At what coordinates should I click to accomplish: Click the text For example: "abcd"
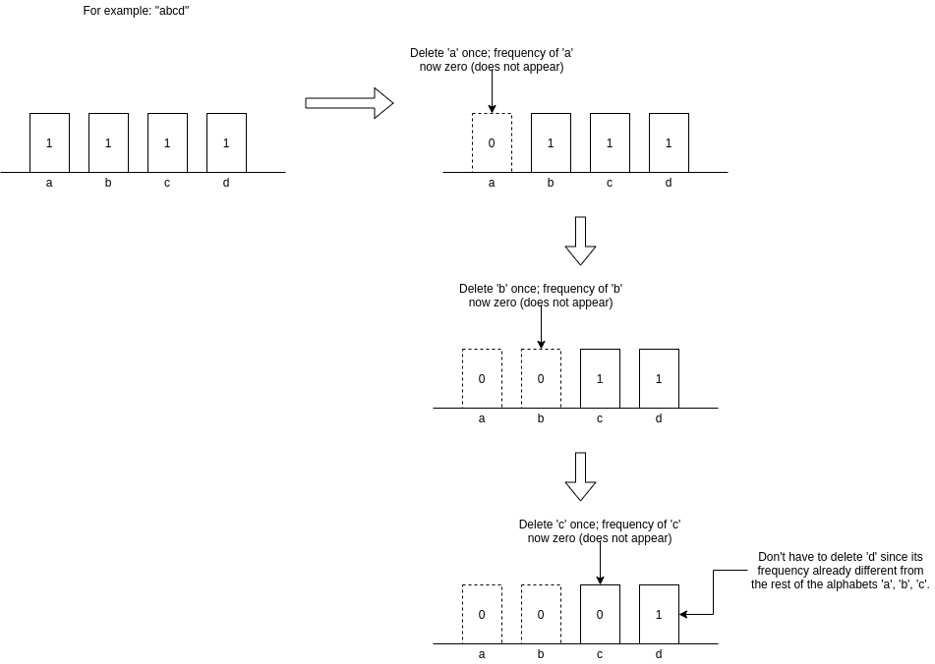[136, 11]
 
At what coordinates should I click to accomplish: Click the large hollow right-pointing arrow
[349, 103]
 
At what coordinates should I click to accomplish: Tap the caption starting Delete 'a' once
[492, 60]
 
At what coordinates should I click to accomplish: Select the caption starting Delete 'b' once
[541, 296]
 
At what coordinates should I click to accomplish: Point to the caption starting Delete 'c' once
[600, 531]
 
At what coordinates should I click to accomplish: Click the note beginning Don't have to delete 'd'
[840, 570]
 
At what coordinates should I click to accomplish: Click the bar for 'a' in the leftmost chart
[49, 142]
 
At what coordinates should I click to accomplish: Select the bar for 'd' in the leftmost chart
[226, 142]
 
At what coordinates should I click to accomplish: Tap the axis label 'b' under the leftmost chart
[108, 183]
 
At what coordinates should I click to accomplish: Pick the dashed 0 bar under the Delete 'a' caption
[492, 142]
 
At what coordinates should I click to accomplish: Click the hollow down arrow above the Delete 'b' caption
[580, 241]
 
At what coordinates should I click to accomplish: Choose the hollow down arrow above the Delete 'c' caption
[580, 476]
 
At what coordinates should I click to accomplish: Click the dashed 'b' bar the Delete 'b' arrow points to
[541, 378]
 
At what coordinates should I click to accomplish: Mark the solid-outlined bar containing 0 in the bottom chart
[600, 614]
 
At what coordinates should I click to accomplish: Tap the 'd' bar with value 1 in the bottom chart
[659, 614]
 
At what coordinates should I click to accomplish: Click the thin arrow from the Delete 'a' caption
[492, 93]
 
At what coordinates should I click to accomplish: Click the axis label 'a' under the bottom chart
[482, 654]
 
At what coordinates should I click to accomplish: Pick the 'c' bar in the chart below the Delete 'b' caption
[600, 378]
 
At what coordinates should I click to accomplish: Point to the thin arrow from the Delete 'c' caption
[600, 565]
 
